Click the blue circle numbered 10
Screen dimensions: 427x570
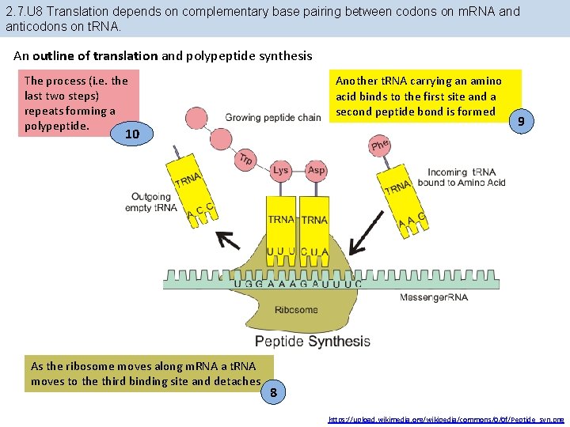point(132,134)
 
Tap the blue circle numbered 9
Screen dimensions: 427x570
point(520,121)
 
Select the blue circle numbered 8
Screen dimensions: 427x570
point(272,392)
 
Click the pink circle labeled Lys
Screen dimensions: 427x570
point(280,170)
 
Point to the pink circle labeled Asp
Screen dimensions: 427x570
point(316,170)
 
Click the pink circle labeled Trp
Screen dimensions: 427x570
point(245,159)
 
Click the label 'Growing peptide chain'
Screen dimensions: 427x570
point(273,118)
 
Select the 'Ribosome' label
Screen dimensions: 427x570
point(296,310)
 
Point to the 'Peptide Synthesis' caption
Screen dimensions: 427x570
point(312,342)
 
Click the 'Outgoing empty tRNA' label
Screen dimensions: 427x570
point(151,202)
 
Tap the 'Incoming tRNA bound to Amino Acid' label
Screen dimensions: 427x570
point(466,178)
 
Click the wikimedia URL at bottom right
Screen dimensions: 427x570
point(447,418)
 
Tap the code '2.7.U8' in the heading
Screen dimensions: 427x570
point(24,12)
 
